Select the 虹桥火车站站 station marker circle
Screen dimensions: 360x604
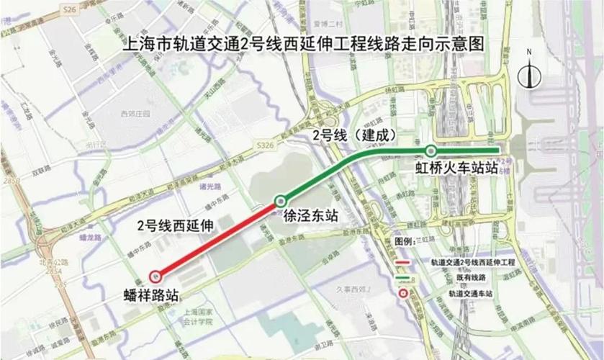tap(431, 151)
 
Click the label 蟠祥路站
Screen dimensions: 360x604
tap(150, 294)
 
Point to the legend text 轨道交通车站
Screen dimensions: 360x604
tap(469, 294)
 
